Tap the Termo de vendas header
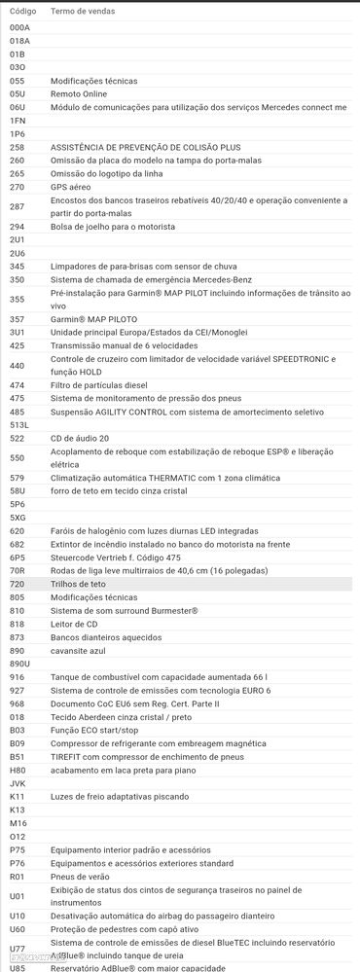tap(83, 11)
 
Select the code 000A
tap(19, 28)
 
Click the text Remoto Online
tap(79, 93)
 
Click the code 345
tap(18, 266)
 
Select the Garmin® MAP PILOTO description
tap(91, 318)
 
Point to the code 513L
tap(19, 425)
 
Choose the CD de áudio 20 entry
tap(80, 438)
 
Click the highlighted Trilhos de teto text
tap(78, 584)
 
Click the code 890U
tap(19, 663)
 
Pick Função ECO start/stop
tap(94, 729)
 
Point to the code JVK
tap(18, 781)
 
